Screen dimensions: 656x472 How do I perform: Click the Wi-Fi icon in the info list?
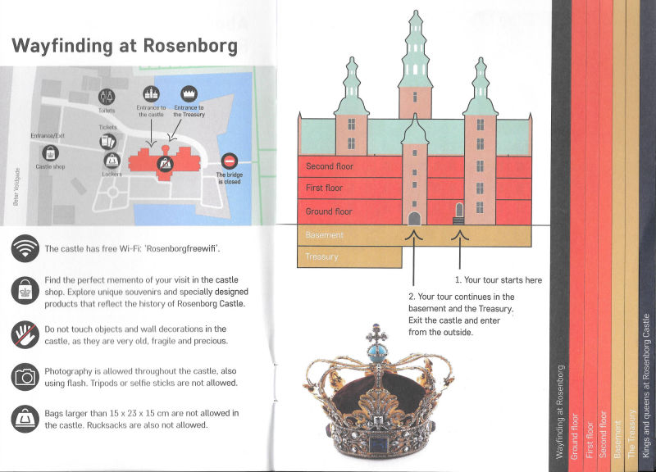25,248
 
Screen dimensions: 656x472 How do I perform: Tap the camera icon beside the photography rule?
25,377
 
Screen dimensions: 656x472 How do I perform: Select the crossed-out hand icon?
25,335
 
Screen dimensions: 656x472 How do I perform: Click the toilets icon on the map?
107,97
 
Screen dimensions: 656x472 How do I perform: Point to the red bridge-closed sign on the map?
230,161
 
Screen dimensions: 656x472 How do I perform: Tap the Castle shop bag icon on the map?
50,153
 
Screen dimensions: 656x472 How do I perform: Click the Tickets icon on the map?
108,141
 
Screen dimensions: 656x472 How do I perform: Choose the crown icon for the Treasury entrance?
189,94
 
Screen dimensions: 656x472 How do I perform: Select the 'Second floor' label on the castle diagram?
330,166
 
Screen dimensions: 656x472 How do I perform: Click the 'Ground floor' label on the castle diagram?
329,211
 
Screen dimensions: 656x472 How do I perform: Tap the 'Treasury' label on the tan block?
321,256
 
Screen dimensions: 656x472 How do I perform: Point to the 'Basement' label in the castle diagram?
324,235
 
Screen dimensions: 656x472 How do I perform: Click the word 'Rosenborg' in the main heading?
190,46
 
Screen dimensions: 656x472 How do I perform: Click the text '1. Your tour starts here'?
499,280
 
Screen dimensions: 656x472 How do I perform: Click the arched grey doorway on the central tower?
414,219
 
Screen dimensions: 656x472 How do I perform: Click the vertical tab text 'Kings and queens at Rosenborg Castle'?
646,384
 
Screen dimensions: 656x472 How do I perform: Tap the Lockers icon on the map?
112,160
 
